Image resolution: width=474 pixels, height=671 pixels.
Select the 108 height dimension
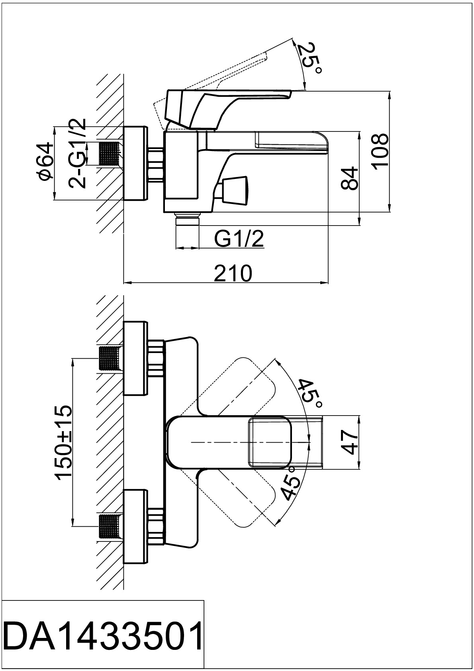[381, 151]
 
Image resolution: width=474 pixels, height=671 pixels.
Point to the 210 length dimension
[233, 273]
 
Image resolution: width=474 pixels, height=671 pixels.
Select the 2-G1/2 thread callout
[77, 153]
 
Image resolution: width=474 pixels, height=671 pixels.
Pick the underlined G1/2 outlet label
[239, 239]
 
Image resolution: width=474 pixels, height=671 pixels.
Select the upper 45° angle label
[310, 393]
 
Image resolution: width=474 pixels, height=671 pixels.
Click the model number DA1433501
[103, 635]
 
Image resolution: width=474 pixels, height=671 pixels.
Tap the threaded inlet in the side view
[110, 153]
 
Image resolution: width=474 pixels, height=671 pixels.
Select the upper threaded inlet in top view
[110, 359]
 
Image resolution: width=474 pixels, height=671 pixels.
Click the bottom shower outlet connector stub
[187, 221]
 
